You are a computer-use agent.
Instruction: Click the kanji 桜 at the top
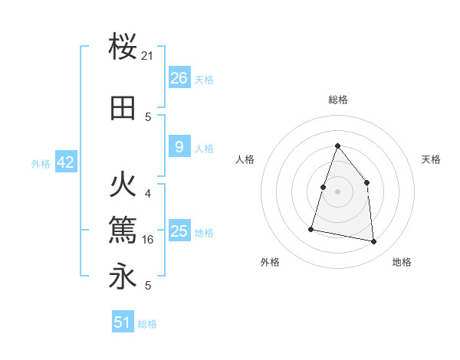(x=123, y=48)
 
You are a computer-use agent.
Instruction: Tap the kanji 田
(x=123, y=109)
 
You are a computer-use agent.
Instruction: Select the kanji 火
(x=123, y=186)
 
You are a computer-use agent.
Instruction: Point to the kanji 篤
(x=123, y=227)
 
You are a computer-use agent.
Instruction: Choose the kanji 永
(x=123, y=276)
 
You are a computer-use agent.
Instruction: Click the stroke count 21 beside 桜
(x=148, y=56)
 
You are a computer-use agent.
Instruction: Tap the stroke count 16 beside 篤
(x=148, y=238)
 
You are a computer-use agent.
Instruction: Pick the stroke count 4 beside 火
(x=148, y=194)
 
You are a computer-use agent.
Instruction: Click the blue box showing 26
(x=179, y=77)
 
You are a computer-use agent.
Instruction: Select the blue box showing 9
(x=179, y=147)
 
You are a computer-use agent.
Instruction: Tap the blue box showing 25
(x=179, y=231)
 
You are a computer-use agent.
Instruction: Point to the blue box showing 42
(x=64, y=162)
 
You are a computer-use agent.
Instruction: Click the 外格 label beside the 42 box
(x=41, y=163)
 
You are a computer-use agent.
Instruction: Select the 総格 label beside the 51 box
(x=147, y=324)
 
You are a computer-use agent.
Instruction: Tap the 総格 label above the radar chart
(x=338, y=100)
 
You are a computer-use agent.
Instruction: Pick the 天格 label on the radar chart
(x=431, y=159)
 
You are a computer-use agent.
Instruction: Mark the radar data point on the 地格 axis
(x=374, y=242)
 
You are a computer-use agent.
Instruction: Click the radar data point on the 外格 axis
(x=311, y=229)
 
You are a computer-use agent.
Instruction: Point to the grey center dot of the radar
(x=338, y=191)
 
